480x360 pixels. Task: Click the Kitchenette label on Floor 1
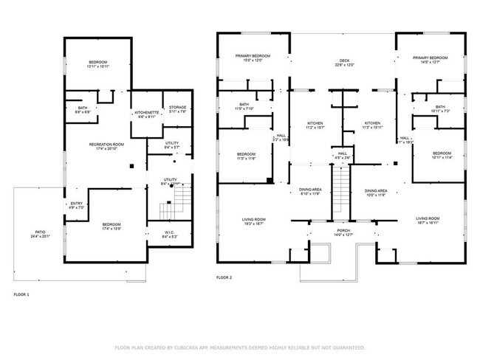click(145, 114)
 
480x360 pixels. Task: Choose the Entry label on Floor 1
click(77, 205)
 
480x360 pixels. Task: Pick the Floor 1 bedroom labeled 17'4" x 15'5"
click(112, 226)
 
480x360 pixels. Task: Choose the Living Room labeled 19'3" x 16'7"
click(254, 221)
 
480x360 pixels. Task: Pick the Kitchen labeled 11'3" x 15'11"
click(371, 125)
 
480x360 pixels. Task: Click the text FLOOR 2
click(224, 278)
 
